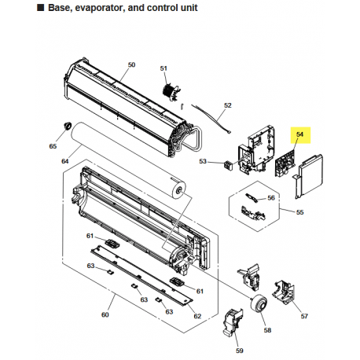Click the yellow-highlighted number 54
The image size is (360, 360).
[299, 134]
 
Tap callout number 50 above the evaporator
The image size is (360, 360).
[131, 64]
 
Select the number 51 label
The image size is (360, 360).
[163, 68]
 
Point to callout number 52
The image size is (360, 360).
[228, 105]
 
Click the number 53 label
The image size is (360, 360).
[203, 161]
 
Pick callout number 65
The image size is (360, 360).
[53, 146]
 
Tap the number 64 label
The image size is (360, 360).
[65, 161]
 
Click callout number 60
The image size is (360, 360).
[105, 314]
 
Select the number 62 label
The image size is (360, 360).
[197, 316]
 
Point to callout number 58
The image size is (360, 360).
[267, 330]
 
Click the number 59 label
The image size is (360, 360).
[240, 351]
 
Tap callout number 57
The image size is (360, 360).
[304, 316]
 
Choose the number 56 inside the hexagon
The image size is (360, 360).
[271, 198]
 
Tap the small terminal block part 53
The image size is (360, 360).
[228, 165]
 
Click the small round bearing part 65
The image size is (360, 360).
[68, 126]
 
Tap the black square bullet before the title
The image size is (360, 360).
[41, 8]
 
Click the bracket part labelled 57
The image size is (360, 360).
[284, 292]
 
